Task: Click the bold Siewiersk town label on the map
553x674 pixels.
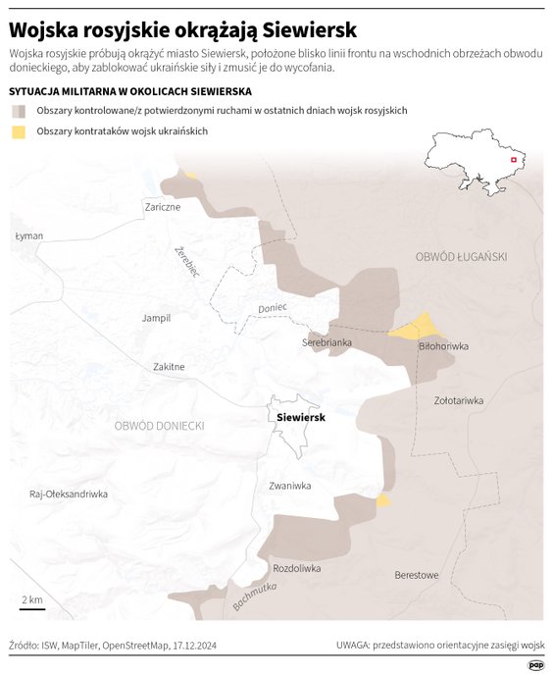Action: click(301, 417)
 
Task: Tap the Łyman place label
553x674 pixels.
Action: click(29, 237)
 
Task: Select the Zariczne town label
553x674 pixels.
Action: click(162, 207)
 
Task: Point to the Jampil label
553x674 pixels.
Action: click(156, 318)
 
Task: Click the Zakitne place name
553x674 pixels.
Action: click(169, 367)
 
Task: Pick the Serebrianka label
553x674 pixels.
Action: click(326, 342)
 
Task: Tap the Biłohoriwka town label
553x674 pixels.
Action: click(443, 347)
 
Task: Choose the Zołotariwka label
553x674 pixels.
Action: click(459, 400)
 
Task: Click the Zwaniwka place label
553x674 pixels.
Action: click(289, 485)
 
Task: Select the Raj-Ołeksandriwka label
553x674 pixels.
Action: click(69, 494)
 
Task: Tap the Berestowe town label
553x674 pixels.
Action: click(416, 575)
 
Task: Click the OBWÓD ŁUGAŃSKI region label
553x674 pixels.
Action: click(461, 256)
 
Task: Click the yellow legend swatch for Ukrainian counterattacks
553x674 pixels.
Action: click(19, 131)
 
